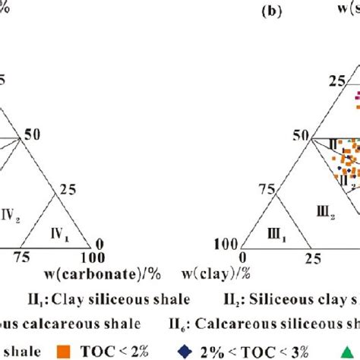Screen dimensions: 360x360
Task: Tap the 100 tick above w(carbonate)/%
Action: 95,260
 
